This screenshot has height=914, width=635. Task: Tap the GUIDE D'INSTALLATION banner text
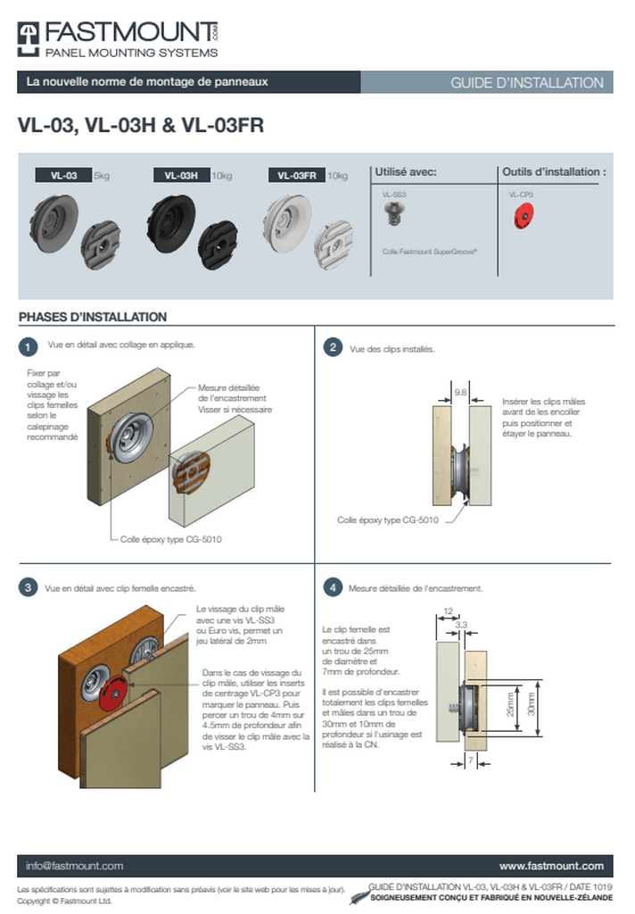526,83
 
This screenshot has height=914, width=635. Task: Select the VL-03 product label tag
64,176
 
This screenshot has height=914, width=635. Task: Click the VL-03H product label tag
181,176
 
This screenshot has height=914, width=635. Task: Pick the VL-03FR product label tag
297,176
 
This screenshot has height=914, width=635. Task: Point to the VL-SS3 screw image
392,213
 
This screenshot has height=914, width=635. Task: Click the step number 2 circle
333,347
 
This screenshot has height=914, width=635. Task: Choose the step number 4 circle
333,587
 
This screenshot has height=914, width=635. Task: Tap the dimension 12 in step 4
448,611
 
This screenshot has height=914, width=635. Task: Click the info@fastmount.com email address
74,866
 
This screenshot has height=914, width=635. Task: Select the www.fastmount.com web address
551,866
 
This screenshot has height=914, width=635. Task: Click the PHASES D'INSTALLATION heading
93,317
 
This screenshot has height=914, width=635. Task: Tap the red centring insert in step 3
113,693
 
